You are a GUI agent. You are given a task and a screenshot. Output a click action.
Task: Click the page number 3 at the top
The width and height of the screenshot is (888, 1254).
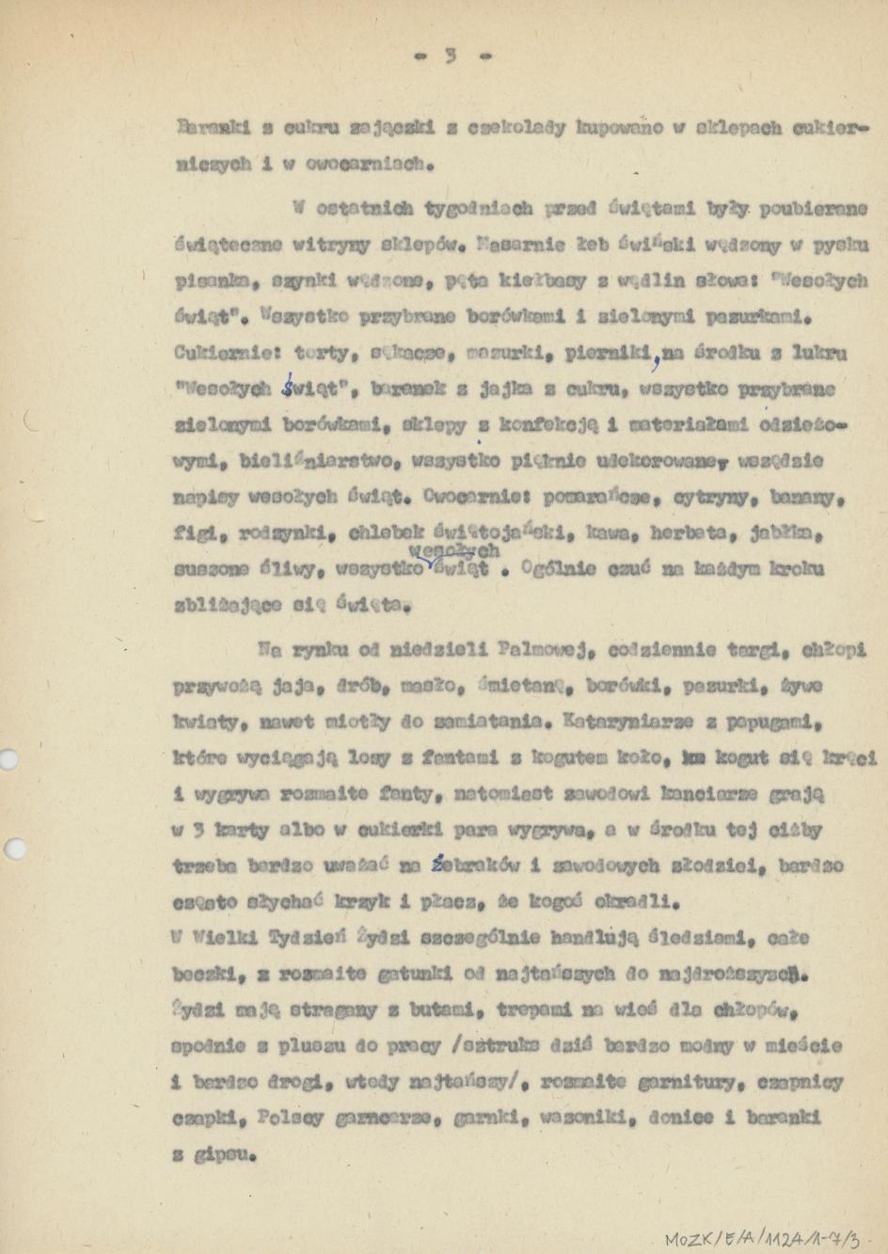point(451,56)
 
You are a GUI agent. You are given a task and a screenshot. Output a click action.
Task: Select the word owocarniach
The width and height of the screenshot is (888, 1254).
point(369,163)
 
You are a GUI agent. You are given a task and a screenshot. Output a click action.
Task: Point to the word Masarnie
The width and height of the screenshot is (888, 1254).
point(521,246)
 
